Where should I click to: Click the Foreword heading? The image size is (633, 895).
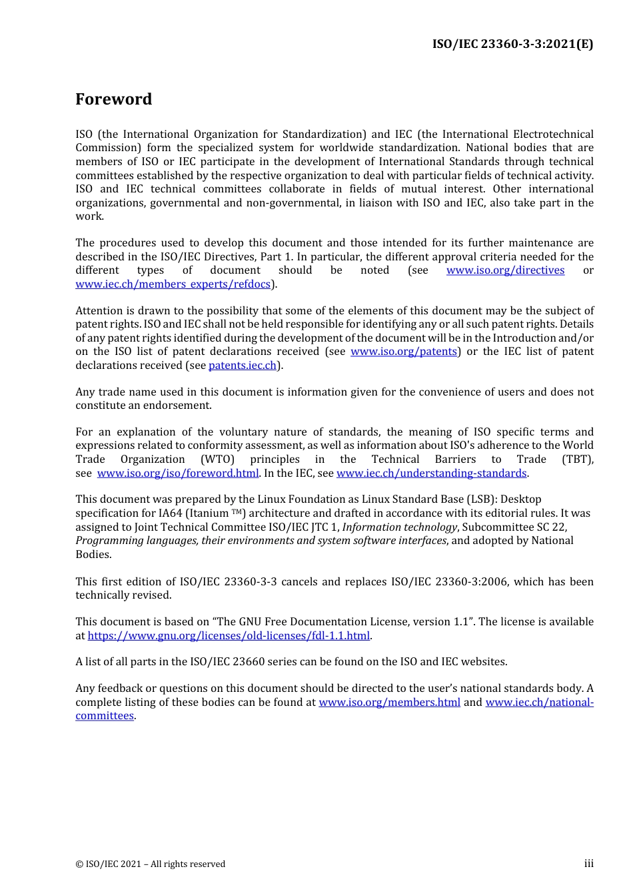pos(113,99)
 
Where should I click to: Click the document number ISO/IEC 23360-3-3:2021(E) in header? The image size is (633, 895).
pos(512,44)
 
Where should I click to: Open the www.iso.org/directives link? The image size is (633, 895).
pos(505,270)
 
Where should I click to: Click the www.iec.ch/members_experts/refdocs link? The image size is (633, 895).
pos(173,284)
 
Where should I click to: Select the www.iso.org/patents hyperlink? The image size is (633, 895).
pos(404,352)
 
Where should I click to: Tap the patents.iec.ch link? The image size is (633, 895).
pos(243,366)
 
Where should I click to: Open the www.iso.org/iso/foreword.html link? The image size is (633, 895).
pos(177,473)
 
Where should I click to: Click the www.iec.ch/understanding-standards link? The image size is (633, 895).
pos(431,473)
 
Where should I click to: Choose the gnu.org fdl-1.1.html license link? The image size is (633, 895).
pos(229,636)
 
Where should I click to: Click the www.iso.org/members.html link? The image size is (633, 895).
pos(389,703)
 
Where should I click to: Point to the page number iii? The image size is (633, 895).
pos(588,864)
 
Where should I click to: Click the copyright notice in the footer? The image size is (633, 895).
pos(151,864)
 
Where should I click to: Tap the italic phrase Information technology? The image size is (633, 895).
pos(400,527)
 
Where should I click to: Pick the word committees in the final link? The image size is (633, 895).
pos(105,716)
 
